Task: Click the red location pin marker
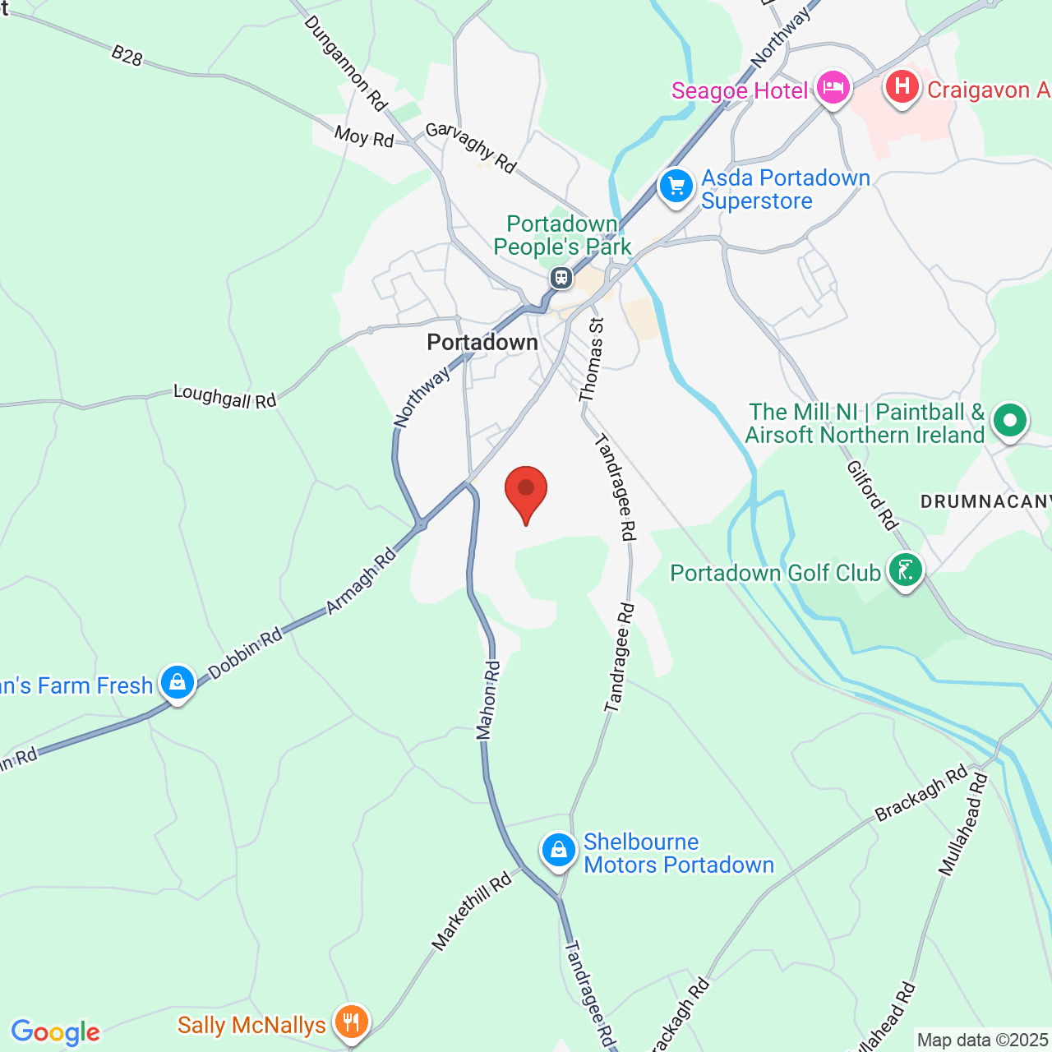click(x=526, y=491)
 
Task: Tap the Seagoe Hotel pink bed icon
click(x=833, y=87)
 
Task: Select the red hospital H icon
click(x=902, y=86)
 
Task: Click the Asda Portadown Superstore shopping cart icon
click(x=676, y=187)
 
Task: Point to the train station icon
click(x=561, y=278)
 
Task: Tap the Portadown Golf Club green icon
click(x=906, y=570)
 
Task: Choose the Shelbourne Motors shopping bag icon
click(x=559, y=850)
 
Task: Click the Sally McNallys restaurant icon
click(x=352, y=1023)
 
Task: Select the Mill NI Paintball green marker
click(x=1010, y=421)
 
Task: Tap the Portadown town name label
click(x=482, y=343)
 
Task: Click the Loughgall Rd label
click(x=224, y=397)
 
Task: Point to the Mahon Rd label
click(x=488, y=700)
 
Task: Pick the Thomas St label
click(x=591, y=360)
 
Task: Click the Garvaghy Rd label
click(x=471, y=148)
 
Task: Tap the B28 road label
click(x=127, y=56)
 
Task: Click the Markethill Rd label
click(x=472, y=912)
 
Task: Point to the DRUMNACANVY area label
click(x=985, y=501)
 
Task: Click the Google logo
click(x=55, y=1032)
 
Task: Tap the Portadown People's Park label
click(x=562, y=235)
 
